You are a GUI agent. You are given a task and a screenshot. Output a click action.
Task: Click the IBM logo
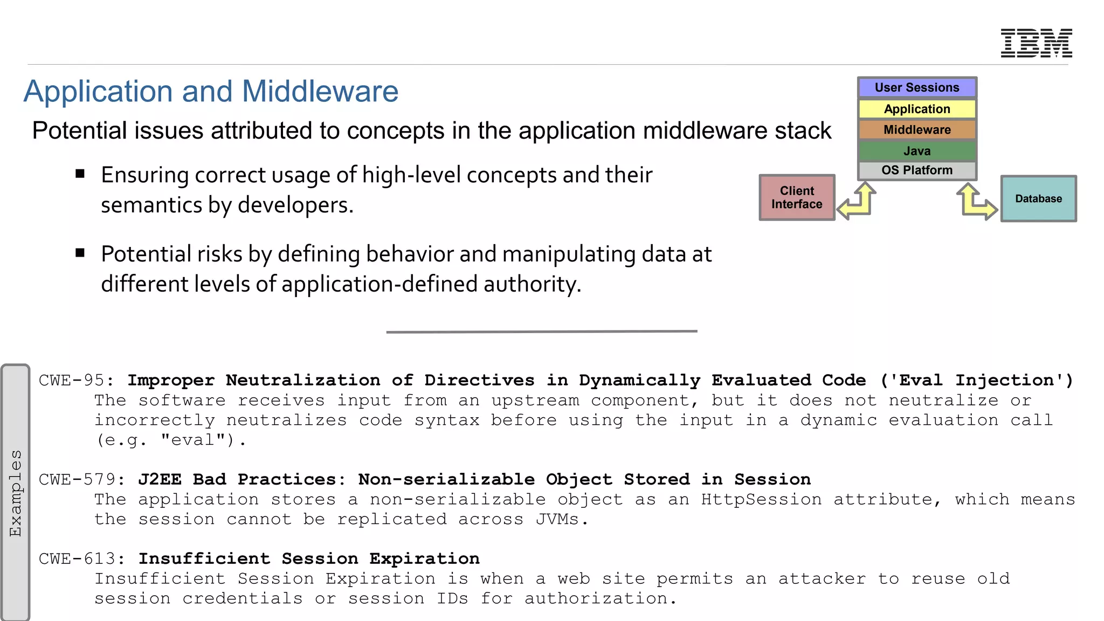click(x=1036, y=43)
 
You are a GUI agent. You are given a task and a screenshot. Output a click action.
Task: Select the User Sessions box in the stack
click(x=916, y=87)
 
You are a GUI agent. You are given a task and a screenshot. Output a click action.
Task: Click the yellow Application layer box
click(x=916, y=109)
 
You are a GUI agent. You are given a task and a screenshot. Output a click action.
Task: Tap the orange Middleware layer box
click(x=916, y=130)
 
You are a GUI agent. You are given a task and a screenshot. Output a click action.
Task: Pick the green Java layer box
click(x=916, y=151)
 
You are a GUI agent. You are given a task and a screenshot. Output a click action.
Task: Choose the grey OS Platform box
click(x=916, y=170)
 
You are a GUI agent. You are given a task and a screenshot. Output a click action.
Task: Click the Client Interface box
click(x=796, y=197)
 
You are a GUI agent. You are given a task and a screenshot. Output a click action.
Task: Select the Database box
click(x=1038, y=198)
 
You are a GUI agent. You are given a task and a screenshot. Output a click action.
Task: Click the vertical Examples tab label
click(x=16, y=493)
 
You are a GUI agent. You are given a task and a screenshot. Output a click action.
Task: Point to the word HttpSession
click(x=761, y=499)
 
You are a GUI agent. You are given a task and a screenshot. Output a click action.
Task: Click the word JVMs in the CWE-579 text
click(x=557, y=519)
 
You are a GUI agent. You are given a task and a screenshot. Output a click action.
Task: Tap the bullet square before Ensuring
click(x=80, y=174)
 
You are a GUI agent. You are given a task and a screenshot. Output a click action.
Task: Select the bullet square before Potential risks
click(x=80, y=253)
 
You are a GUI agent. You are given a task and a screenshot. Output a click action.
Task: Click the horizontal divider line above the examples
click(x=541, y=332)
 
